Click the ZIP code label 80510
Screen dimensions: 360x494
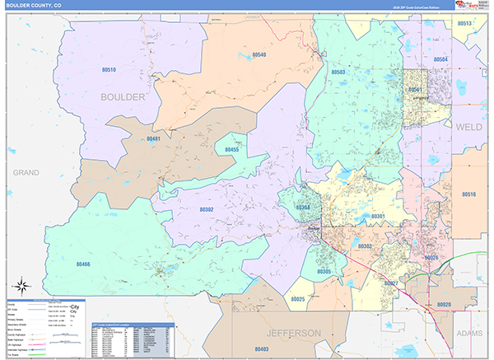[109, 70]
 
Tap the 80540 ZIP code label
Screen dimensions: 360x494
[259, 54]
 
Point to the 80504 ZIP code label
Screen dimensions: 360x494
[440, 60]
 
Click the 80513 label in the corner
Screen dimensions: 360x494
[464, 24]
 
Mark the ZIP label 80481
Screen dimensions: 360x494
[153, 139]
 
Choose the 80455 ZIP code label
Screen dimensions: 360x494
[232, 150]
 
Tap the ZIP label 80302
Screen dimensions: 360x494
[207, 209]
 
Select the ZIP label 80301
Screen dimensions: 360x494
[378, 216]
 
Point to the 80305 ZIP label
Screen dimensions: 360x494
[324, 271]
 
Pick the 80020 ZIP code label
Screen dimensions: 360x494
[444, 305]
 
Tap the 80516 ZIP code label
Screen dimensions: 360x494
[468, 194]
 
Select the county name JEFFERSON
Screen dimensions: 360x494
[293, 332]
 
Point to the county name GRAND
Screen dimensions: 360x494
[26, 172]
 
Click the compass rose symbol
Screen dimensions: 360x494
[23, 288]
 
